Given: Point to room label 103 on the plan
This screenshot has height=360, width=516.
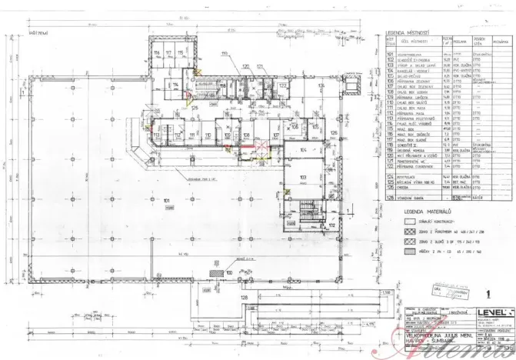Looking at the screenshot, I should pyautogui.click(x=302, y=178).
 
